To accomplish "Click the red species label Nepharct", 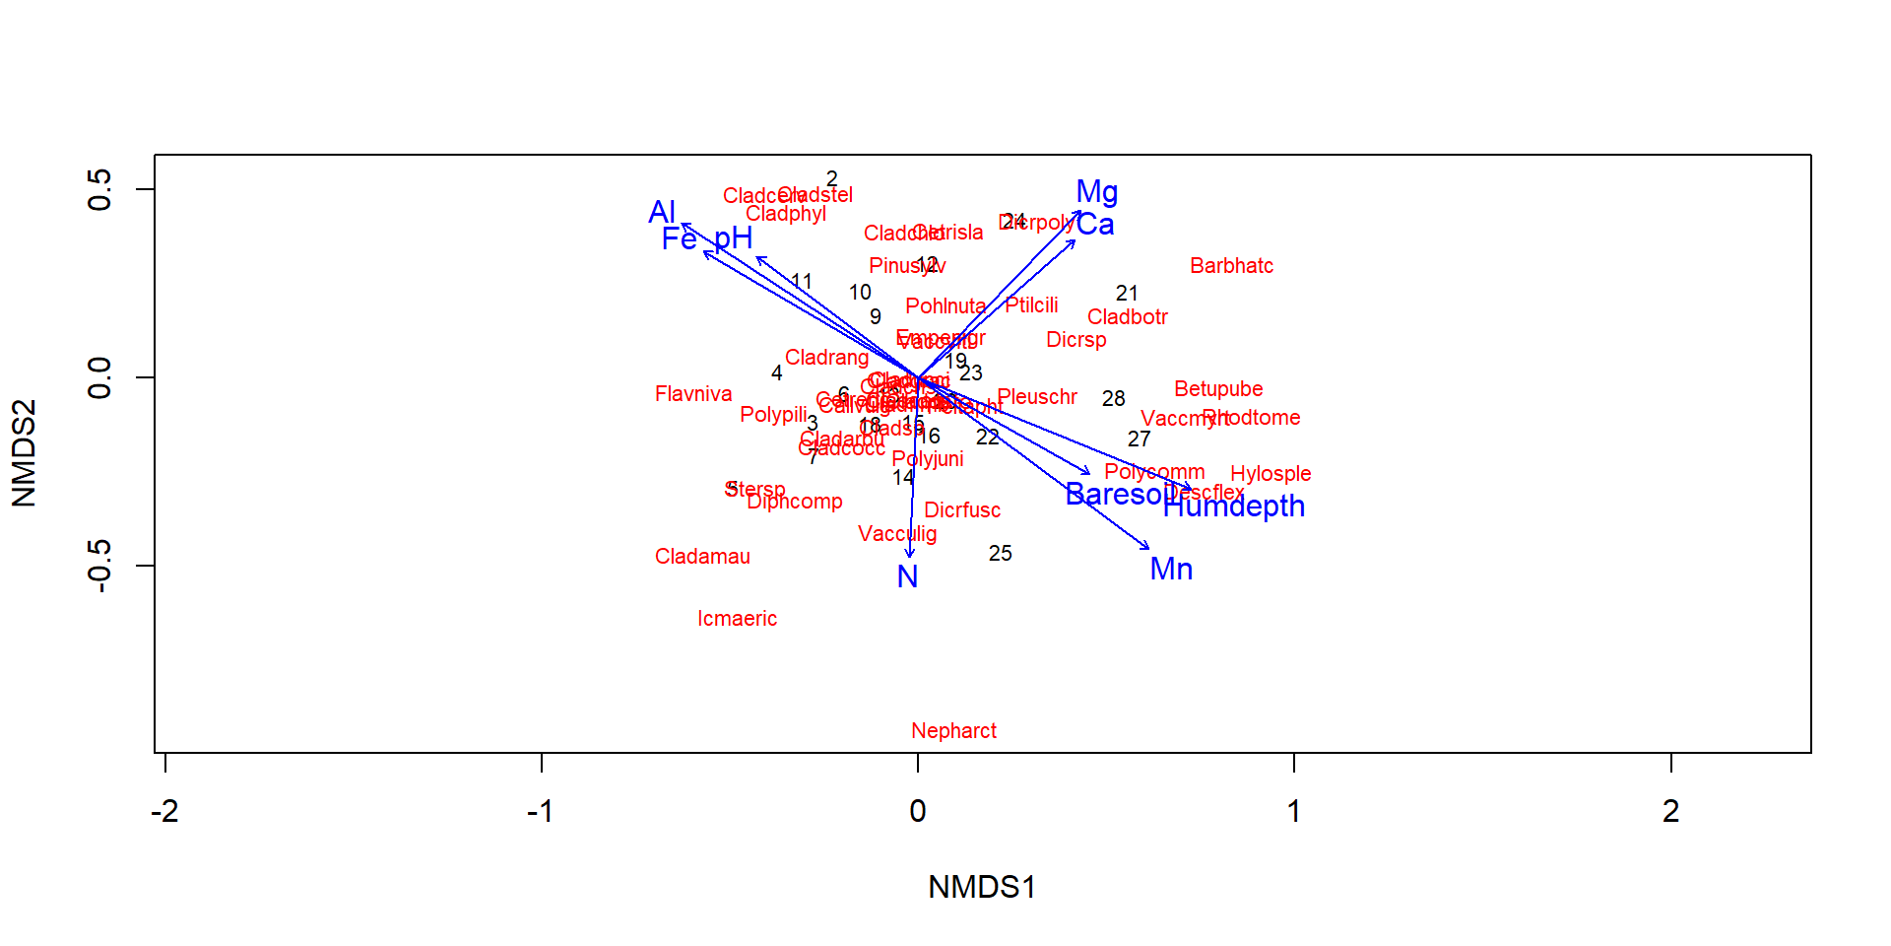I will pos(953,731).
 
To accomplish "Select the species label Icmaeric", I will pos(737,619).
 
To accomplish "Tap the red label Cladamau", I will pos(702,557).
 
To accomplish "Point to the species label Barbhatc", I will pos(1231,266).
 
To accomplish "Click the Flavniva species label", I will pos(693,394).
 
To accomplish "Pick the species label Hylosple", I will pos(1271,474).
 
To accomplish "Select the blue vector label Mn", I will pos(1171,570).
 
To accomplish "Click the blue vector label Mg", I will pos(1096,191).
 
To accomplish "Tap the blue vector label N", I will pos(907,576).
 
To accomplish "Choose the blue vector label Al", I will pos(662,212).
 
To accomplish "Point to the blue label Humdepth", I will pos(1233,507).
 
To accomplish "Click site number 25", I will pos(1000,554).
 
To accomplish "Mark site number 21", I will pos(1127,294).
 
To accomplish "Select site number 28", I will pos(1113,399).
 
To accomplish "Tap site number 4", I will pos(776,373).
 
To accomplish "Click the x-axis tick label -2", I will pos(164,811).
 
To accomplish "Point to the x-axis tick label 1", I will pos(1293,811).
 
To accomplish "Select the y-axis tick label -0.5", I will pos(99,566).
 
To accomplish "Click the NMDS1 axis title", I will pos(982,887).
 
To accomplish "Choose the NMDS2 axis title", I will pos(24,453).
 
